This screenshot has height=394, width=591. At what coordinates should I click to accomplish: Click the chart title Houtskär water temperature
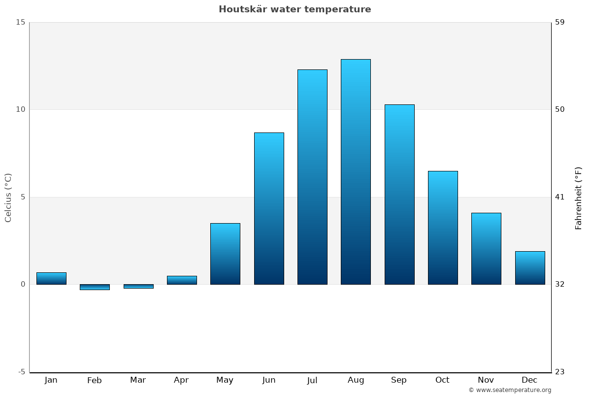[295, 9]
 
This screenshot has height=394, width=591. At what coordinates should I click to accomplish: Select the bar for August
[356, 172]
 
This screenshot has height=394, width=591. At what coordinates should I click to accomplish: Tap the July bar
[312, 177]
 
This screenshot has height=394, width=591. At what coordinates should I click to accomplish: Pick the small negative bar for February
[95, 287]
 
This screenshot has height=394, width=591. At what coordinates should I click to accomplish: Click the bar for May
[225, 254]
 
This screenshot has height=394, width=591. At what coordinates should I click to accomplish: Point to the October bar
[443, 228]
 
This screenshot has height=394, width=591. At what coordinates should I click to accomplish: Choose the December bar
[530, 268]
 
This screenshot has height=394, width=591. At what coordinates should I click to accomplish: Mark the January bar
[51, 278]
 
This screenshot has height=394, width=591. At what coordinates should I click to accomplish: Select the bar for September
[399, 195]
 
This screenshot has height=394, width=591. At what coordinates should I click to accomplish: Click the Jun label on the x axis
[269, 380]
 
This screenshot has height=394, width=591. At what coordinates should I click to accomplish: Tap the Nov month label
[486, 380]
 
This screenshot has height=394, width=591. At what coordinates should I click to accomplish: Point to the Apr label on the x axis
[181, 380]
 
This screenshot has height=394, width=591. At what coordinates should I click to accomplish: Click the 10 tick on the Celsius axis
[20, 109]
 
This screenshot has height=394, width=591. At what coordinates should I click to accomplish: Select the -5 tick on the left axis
[21, 372]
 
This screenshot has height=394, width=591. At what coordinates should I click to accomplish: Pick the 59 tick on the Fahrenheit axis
[559, 22]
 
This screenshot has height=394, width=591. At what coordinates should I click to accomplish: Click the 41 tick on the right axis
[559, 197]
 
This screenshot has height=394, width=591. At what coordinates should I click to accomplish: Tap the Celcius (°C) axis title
[8, 197]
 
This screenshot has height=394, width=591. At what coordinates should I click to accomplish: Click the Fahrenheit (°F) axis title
[579, 198]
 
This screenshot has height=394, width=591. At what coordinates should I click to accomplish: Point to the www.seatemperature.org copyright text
[510, 390]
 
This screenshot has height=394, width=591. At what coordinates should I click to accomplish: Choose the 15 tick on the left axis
[20, 22]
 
